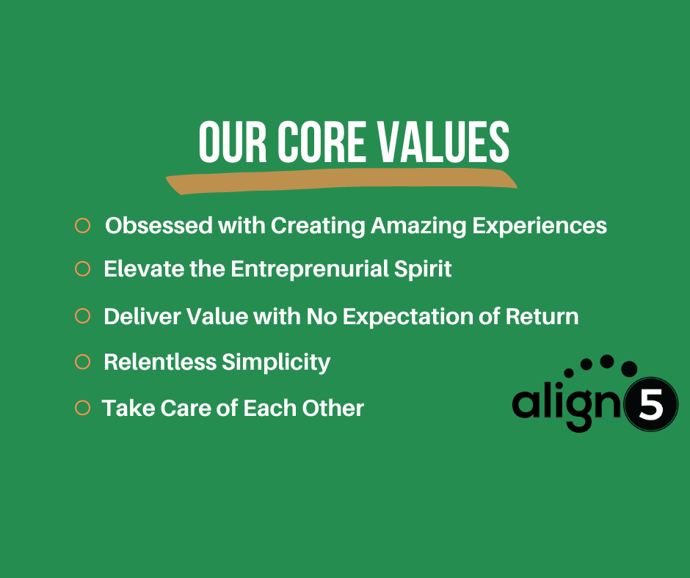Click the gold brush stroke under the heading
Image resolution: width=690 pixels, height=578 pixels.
341,181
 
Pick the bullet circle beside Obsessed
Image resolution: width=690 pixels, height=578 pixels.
82,225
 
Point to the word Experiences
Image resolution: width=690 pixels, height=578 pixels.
540,225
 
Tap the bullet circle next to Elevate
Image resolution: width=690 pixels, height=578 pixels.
82,269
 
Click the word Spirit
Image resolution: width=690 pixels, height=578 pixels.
426,269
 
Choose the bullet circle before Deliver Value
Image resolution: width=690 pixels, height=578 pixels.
82,316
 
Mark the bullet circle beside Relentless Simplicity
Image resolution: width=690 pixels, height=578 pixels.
82,362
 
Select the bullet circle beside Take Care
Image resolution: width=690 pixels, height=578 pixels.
82,407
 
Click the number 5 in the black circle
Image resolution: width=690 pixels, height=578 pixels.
651,406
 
